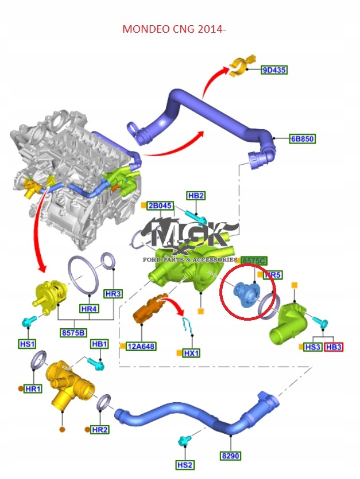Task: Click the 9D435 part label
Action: (274, 70)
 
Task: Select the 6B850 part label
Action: (302, 139)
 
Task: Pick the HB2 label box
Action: (196, 196)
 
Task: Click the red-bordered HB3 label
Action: (333, 347)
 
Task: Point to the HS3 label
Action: (312, 347)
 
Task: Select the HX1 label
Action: (191, 353)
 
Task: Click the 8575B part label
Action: (73, 332)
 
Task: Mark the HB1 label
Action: (99, 344)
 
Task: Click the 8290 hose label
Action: (230, 456)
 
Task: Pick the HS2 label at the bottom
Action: (185, 464)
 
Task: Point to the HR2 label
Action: (100, 429)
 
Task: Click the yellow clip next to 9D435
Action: (239, 67)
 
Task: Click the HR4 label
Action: (89, 309)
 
